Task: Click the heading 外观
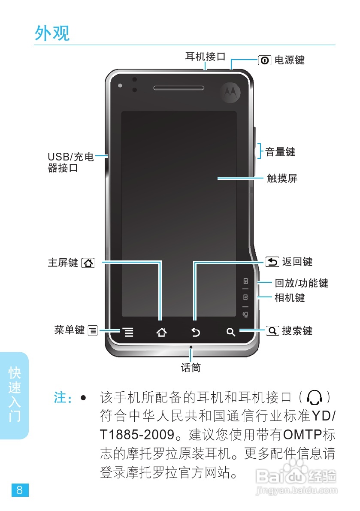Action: [52, 33]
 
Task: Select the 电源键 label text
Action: [289, 60]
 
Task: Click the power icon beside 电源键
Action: [264, 60]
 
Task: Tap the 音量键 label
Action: [280, 151]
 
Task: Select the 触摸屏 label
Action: [282, 178]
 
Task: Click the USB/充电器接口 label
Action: [70, 163]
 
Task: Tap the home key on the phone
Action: [161, 332]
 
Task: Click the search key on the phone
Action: [231, 332]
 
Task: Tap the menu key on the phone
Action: [127, 332]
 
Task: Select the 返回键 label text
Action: [297, 261]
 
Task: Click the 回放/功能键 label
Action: [301, 283]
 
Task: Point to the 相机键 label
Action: [290, 297]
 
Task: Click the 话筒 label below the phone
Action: [191, 368]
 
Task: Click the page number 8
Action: [20, 490]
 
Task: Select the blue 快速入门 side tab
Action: [15, 395]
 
